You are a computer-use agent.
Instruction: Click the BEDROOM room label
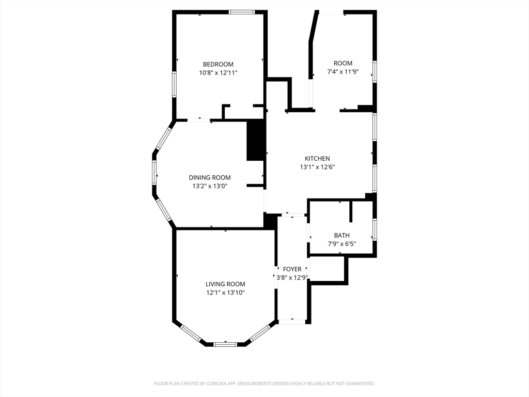(x=218, y=64)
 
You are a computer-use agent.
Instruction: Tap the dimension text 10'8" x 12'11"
(x=218, y=73)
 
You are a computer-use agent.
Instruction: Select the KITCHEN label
(x=317, y=158)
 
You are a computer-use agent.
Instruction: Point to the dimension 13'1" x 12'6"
(x=317, y=167)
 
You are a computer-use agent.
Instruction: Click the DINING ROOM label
(x=209, y=177)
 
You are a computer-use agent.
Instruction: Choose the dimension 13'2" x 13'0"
(x=209, y=186)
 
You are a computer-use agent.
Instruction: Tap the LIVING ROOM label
(x=225, y=284)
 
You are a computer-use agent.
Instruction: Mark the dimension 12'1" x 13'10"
(x=225, y=293)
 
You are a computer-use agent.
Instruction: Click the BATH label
(x=341, y=235)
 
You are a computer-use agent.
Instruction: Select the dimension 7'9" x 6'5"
(x=341, y=244)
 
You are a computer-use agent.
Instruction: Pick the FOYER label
(x=292, y=269)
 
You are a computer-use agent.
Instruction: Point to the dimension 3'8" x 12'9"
(x=292, y=278)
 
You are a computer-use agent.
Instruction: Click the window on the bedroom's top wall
(x=241, y=12)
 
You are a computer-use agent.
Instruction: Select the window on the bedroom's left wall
(x=174, y=84)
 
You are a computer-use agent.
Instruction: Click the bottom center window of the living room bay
(x=225, y=344)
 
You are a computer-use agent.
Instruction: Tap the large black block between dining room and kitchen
(x=255, y=140)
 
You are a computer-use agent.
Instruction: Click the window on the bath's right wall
(x=375, y=229)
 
